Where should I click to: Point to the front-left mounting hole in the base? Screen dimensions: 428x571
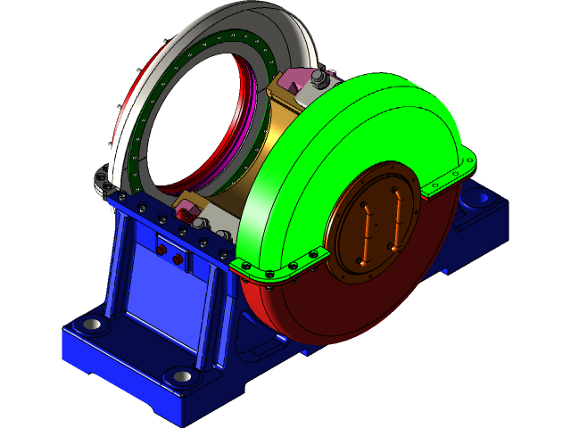coord(89,324)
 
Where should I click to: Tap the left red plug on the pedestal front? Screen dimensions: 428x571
coord(161,251)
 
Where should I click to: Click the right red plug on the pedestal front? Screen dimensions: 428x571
coord(178,259)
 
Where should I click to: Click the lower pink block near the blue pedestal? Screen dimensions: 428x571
coord(187,212)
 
